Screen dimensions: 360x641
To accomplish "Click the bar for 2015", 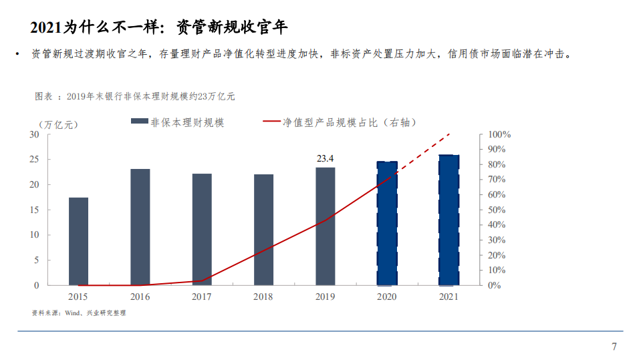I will (x=78, y=241).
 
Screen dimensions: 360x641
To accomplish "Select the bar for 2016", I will (x=140, y=227).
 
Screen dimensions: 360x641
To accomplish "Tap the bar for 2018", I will (x=263, y=230).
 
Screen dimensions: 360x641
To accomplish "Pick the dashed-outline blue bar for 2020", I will (x=387, y=223).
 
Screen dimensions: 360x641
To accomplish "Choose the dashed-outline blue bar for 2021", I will (x=448, y=220).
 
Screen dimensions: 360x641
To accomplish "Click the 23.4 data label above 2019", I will (x=325, y=159).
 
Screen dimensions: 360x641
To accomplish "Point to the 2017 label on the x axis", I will (x=202, y=297).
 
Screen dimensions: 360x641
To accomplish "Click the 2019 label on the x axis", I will (x=325, y=297).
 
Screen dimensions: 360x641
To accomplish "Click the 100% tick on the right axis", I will (x=499, y=134).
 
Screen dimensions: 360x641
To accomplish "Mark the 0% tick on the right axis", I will (x=494, y=285).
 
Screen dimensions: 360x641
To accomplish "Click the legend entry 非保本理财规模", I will (x=187, y=122).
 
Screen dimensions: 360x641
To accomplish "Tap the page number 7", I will (x=614, y=346).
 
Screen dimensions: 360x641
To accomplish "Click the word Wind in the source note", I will (x=72, y=313).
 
